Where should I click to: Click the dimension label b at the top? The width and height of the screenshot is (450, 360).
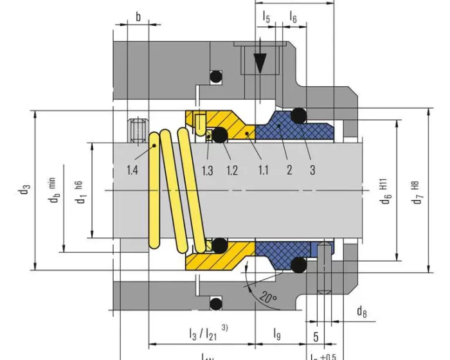138,17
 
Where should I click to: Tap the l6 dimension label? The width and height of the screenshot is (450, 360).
293,17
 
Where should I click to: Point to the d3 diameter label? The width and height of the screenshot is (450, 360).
24,190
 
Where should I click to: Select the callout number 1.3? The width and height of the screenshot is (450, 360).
207,170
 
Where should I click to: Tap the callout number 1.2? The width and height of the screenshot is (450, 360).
231,170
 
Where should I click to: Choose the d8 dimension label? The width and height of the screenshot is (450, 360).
362,312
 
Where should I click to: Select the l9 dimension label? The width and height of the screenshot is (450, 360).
277,334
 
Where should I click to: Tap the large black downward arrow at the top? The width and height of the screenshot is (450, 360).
260,64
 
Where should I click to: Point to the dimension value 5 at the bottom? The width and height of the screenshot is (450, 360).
315,336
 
